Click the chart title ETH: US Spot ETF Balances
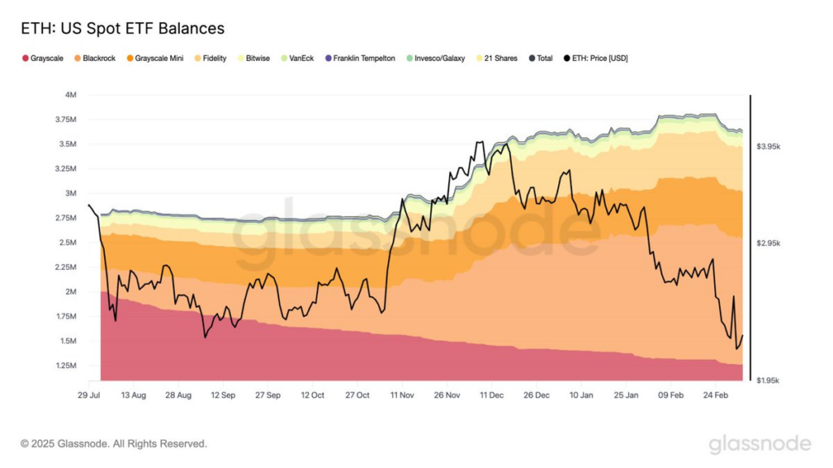(122, 29)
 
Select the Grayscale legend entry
(46, 58)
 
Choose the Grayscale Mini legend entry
(159, 58)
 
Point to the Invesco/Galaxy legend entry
(439, 58)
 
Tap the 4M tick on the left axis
(71, 95)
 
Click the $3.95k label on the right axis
(769, 146)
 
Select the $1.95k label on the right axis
(769, 380)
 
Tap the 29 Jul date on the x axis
(89, 395)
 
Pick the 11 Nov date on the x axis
(403, 395)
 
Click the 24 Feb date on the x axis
(716, 395)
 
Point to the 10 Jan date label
(582, 395)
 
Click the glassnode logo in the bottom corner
(760, 444)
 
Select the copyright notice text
(114, 444)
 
